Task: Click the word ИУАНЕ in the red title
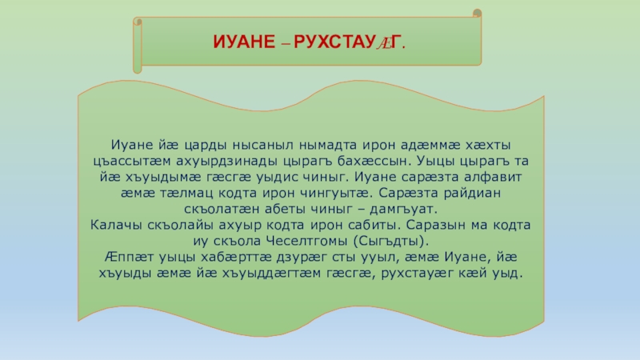244,42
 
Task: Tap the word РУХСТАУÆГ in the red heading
350,42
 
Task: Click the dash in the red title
286,43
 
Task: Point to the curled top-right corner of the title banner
477,14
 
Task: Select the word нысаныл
263,145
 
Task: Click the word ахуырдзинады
227,162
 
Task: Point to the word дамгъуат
403,209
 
